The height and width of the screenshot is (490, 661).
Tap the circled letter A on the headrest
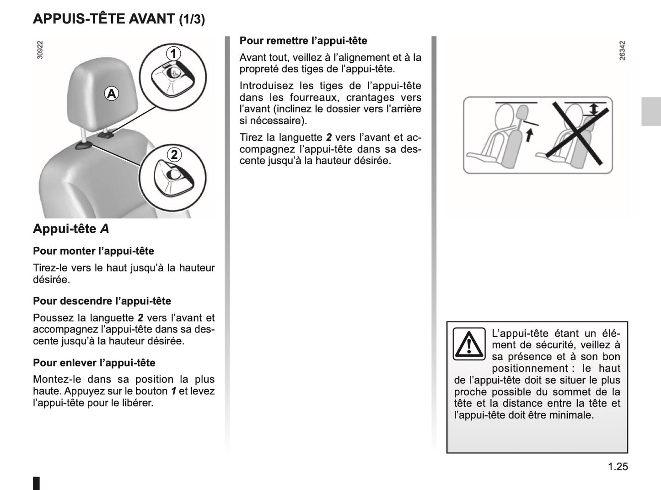click(111, 93)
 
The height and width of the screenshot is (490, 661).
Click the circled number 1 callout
click(173, 54)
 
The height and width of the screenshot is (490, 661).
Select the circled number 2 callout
click(174, 154)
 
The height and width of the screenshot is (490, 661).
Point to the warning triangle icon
click(469, 344)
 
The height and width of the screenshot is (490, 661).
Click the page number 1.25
click(618, 467)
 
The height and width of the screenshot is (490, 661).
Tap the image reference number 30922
click(40, 50)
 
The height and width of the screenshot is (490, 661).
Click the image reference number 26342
click(622, 50)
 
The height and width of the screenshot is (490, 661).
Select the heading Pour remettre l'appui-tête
click(303, 41)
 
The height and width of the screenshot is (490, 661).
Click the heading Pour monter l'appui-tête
click(93, 251)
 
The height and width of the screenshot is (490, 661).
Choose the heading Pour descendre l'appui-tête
click(102, 301)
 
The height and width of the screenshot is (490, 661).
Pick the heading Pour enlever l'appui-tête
click(94, 363)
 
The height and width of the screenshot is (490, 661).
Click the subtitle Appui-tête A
click(71, 229)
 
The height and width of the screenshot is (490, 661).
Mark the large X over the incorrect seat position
click(577, 133)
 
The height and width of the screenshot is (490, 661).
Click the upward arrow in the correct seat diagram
click(529, 135)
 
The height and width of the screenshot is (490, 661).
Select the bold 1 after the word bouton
click(174, 391)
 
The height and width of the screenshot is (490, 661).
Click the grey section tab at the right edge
click(650, 112)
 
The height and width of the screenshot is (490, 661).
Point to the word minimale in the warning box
click(572, 415)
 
